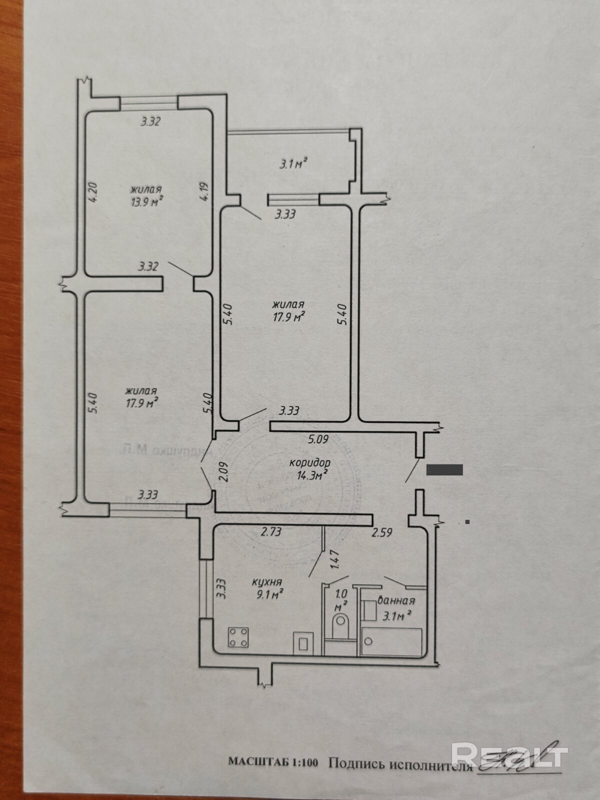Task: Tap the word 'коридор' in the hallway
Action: point(310,463)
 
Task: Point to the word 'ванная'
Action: point(396,601)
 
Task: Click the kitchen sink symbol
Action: point(303,642)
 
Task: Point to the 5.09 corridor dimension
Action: point(318,440)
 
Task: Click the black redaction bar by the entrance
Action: point(444,469)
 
